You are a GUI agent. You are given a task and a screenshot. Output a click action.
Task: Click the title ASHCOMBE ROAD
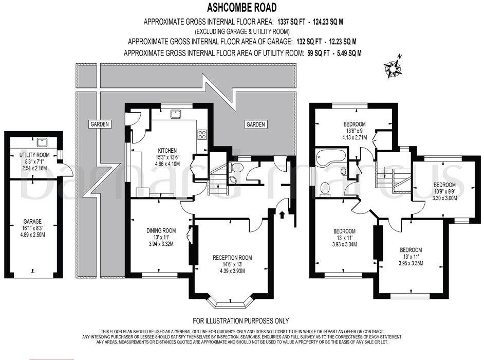pos(241,7)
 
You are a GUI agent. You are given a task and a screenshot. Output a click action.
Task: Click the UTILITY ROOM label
pos(34,155)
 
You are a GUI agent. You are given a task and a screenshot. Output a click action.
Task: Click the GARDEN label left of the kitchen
pos(100,124)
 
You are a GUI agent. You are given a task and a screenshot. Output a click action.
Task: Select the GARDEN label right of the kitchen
pos(255,124)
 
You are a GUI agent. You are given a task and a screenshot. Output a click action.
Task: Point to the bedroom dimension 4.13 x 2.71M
pos(355,137)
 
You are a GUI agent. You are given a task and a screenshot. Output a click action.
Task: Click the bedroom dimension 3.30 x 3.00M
pos(444,197)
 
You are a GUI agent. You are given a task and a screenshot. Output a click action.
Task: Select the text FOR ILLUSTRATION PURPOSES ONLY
pos(240,321)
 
